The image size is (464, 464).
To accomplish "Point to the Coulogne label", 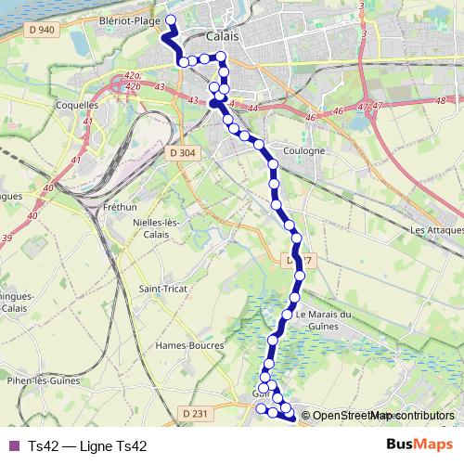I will coord(304,150).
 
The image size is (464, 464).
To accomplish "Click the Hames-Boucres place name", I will coord(189,345).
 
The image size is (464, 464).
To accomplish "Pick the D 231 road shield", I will coord(194,413).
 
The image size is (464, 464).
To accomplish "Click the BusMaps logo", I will coord(419,445).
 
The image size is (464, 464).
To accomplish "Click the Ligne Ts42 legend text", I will coord(87,446).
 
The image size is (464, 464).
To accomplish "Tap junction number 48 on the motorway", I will coord(439,99).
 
